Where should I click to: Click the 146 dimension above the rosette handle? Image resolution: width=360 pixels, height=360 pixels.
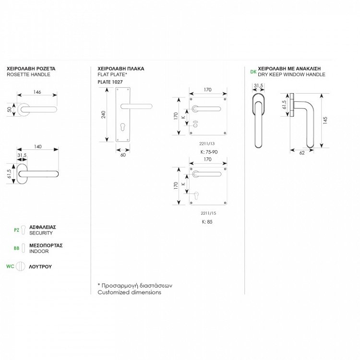coord(37,92)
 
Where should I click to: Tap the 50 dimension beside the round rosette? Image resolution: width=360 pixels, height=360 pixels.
coord(10,109)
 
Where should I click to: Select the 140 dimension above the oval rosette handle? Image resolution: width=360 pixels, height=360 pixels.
coord(37,146)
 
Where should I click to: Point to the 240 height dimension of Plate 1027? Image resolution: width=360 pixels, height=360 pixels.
coord(104,115)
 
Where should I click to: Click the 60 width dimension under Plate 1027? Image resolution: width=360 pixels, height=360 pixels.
coord(123,155)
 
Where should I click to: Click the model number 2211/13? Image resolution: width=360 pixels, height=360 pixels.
coord(207,144)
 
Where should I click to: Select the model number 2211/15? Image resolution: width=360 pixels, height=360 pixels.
coord(208,213)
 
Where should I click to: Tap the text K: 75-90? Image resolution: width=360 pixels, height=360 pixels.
coord(209,152)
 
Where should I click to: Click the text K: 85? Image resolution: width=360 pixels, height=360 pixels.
coord(207,222)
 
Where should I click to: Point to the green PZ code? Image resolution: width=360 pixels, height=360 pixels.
coord(16,230)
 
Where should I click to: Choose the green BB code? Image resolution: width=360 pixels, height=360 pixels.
coord(16,248)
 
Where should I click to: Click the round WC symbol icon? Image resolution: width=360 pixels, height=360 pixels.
coord(21,266)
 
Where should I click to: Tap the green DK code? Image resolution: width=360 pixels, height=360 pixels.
coord(253,72)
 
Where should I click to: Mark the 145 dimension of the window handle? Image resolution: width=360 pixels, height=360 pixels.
coord(325,120)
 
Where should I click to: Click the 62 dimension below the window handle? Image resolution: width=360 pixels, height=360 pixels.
coord(302,153)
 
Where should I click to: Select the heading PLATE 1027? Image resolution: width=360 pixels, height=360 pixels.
coord(110,82)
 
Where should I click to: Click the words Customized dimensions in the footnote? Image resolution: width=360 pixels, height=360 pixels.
coord(130,292)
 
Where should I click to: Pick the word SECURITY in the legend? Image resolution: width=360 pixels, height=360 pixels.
coord(41,233)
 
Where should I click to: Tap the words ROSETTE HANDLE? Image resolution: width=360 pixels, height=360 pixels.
coord(28,74)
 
